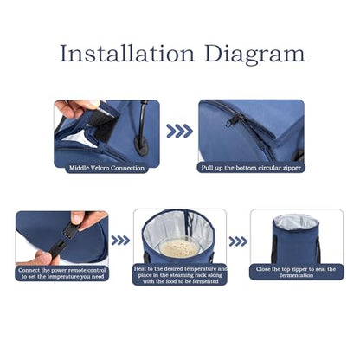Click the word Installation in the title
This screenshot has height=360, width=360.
coord(127,54)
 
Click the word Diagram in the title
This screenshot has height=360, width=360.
coord(254,55)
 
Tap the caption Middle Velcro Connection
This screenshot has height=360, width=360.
coord(106,168)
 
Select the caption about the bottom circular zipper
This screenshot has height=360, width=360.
coord(251,168)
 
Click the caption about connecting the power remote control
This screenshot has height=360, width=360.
coord(62,273)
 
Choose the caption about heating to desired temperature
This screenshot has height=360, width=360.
coord(180,275)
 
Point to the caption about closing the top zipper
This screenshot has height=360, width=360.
coord(296,272)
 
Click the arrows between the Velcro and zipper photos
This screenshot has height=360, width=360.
coord(179,131)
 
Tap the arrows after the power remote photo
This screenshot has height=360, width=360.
coord(120,241)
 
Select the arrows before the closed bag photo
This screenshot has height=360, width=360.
coord(238,241)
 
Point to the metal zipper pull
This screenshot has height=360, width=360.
coord(235,120)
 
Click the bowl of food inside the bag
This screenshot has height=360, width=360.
coord(179,247)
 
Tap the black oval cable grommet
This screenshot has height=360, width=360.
coord(141,146)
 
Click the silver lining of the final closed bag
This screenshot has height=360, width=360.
coord(296,222)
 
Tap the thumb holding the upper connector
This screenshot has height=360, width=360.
coord(78,218)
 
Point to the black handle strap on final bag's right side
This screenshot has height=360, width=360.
coord(318,250)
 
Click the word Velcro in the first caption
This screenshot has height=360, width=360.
coord(100,168)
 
